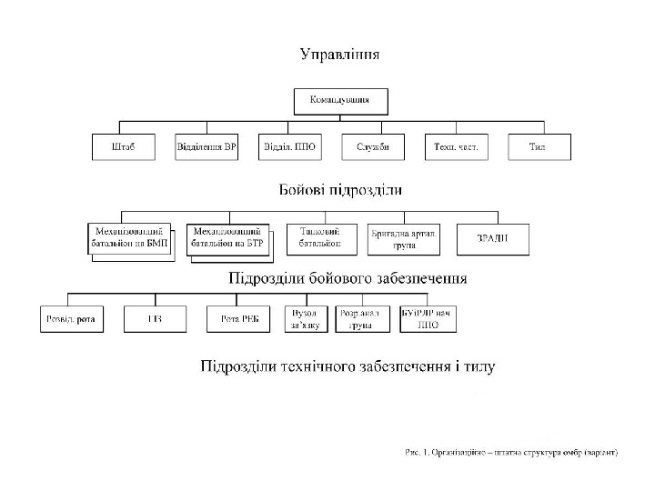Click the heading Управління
[x=340, y=54]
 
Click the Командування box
[x=340, y=100]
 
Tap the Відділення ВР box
[x=207, y=147]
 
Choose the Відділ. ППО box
[x=287, y=147]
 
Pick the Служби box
[x=372, y=147]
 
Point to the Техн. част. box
[x=456, y=147]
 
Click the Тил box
[x=539, y=147]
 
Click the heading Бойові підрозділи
[x=339, y=191]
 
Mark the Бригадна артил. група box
[x=403, y=238]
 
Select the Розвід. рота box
[x=72, y=318]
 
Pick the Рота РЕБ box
[x=235, y=318]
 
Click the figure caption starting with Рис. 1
[x=510, y=452]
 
